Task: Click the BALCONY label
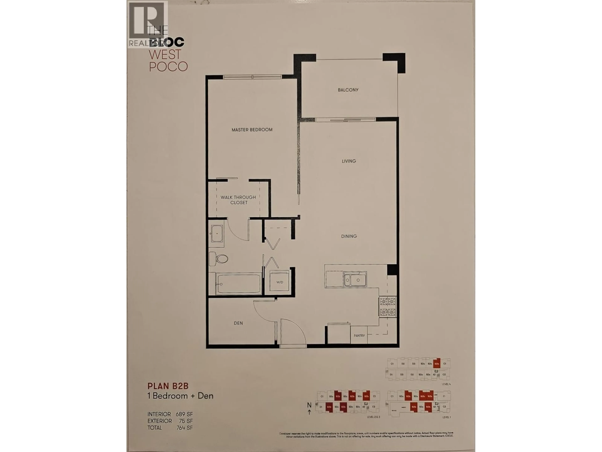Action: [x=348, y=90]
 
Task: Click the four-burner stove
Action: [x=388, y=307]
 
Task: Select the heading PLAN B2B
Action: [x=168, y=386]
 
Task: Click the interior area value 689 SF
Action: [x=184, y=414]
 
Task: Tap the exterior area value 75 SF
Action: [x=186, y=421]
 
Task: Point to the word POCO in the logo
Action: [x=169, y=67]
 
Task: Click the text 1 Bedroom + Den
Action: [x=180, y=396]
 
